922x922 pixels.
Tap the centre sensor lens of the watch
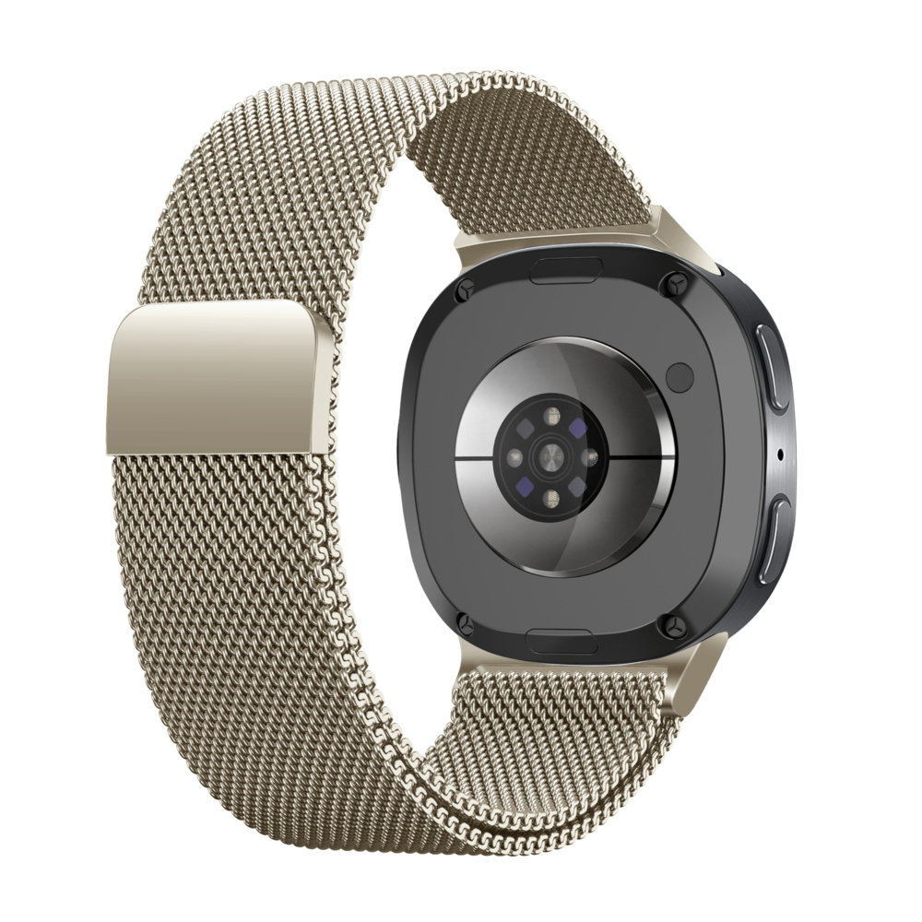552,456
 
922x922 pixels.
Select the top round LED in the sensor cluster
552,418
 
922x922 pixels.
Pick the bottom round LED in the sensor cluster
552,498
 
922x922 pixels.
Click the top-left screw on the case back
466,287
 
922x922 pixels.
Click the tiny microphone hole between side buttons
782,453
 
